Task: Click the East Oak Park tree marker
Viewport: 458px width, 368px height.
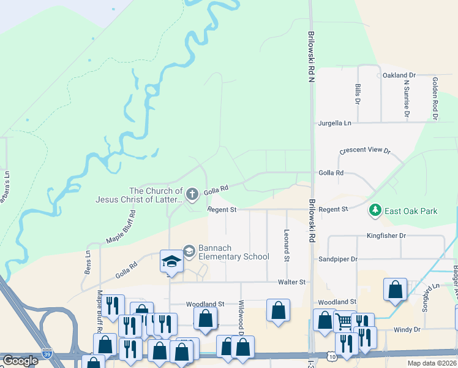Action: coord(375,211)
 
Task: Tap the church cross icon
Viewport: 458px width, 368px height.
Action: coord(192,195)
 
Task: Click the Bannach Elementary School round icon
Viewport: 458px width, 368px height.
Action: coord(189,251)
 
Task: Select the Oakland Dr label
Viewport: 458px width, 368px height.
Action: coord(399,75)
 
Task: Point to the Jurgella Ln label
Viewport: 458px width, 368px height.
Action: coord(335,123)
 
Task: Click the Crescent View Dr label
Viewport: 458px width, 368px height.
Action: coord(365,150)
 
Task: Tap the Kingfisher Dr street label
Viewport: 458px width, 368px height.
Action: coord(386,236)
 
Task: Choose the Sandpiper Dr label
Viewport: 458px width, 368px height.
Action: coord(337,259)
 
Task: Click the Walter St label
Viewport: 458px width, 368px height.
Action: coord(291,282)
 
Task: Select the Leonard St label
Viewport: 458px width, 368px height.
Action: coord(287,245)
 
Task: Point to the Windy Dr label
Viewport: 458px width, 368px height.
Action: coord(408,329)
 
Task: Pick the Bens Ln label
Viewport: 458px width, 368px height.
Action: coord(88,262)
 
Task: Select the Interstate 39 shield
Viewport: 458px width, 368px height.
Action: coord(47,354)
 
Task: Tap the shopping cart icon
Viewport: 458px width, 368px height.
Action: coord(345,321)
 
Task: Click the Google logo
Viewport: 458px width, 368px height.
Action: coord(21,361)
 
